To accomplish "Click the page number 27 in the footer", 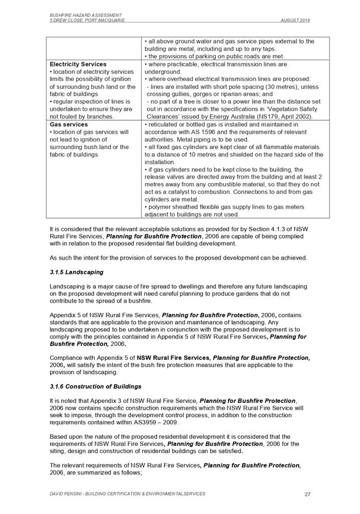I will point(307,494).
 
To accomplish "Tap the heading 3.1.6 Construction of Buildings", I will point(95,386).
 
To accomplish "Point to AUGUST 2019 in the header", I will point(295,20).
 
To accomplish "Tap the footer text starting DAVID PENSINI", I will point(128,494).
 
